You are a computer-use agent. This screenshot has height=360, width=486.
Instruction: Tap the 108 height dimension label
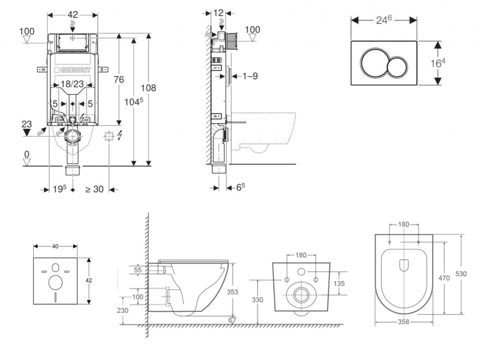[x=148, y=88]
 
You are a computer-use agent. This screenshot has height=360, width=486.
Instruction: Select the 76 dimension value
[x=118, y=79]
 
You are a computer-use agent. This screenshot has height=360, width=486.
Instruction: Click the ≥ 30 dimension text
[x=94, y=189]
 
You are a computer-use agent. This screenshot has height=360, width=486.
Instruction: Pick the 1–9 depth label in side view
[x=247, y=76]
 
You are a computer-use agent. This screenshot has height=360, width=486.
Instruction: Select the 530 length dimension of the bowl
[x=461, y=274]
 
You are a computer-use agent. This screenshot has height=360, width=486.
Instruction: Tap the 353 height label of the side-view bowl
[x=232, y=292]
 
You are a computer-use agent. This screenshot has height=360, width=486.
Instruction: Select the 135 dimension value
[x=339, y=283]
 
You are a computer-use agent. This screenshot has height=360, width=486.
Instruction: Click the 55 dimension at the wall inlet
[x=138, y=270]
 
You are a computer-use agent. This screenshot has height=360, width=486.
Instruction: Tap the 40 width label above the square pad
[x=55, y=246]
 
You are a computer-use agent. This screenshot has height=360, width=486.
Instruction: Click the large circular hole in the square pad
[x=56, y=283]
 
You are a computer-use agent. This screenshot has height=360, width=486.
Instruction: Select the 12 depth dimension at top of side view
[x=218, y=13]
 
